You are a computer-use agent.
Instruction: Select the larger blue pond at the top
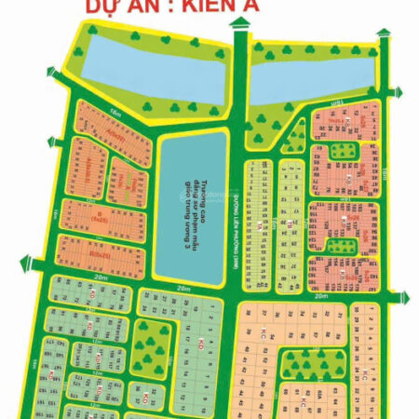coord(153,64)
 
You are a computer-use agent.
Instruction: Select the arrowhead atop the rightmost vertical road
coord(384,34)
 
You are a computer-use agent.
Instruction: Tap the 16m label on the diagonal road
coord(90,112)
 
